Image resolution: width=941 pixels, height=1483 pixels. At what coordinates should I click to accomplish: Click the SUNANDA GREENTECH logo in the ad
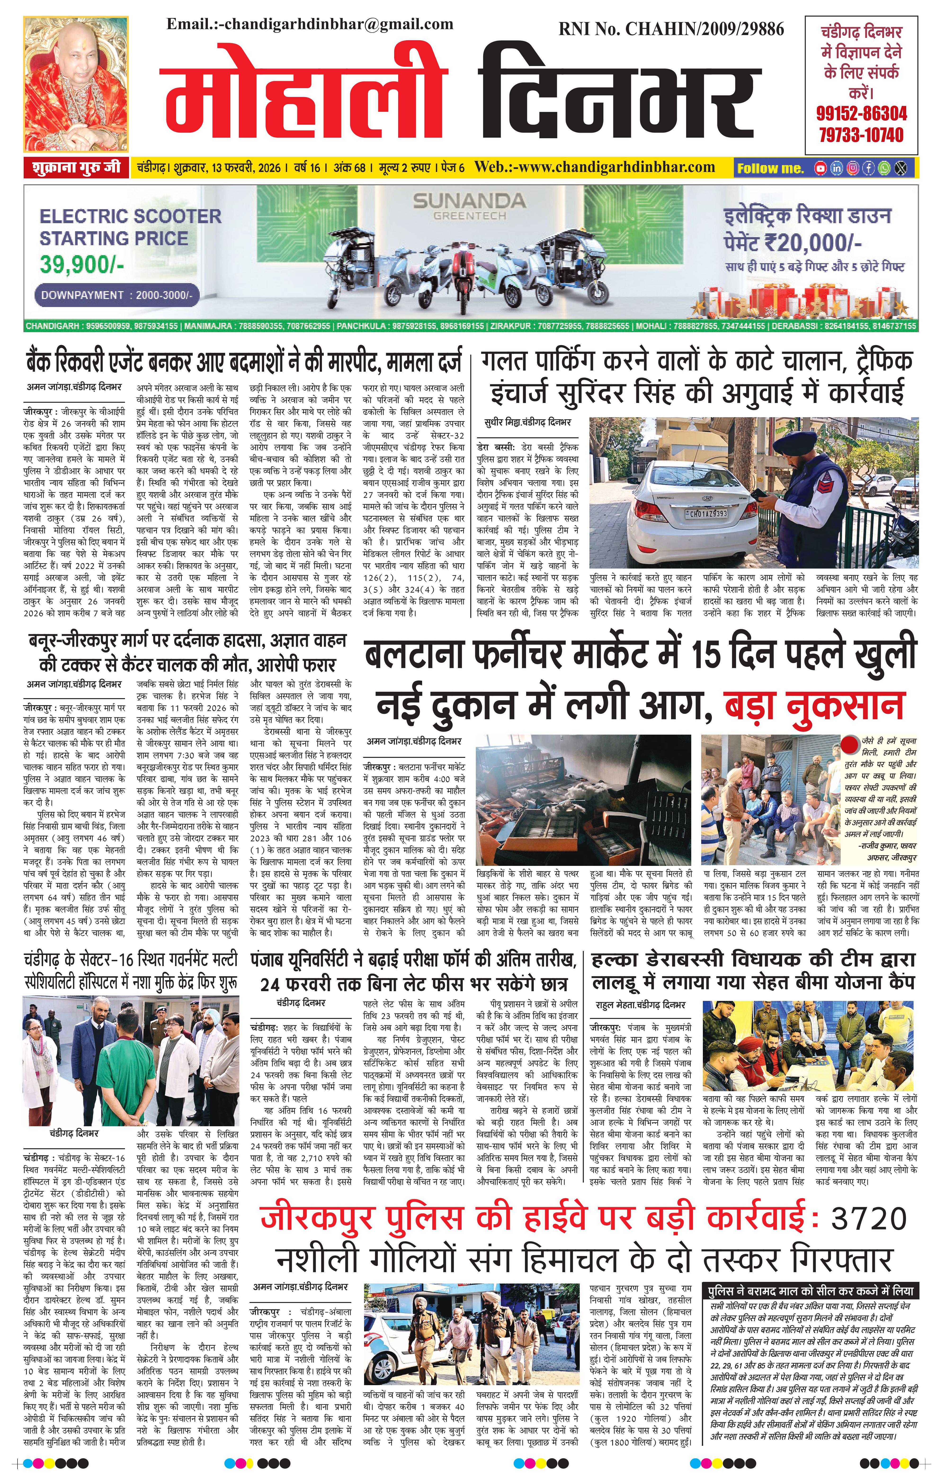tap(469, 206)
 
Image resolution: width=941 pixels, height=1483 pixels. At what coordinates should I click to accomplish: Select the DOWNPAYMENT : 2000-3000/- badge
tap(117, 295)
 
